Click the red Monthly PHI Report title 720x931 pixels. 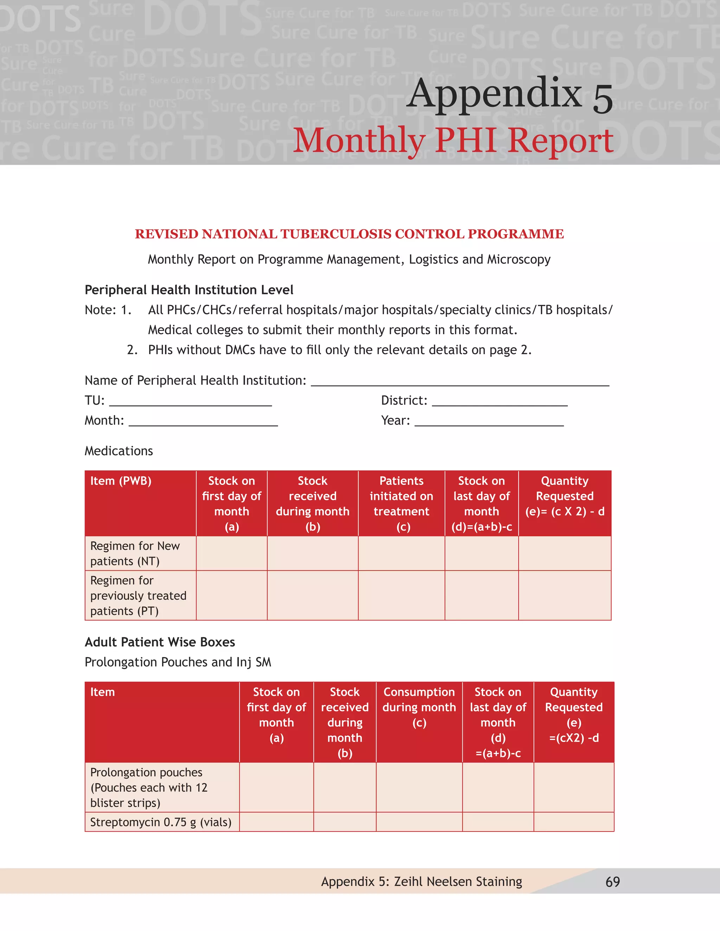point(453,141)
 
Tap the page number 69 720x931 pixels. point(612,881)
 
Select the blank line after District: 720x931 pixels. point(500,402)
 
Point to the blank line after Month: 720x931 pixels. point(203,422)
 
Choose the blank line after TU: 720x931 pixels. point(190,402)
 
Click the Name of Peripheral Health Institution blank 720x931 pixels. point(460,381)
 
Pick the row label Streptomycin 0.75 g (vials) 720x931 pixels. point(161,822)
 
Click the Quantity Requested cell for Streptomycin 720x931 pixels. point(574,822)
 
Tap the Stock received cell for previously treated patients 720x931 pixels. point(312,595)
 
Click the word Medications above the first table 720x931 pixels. point(118,451)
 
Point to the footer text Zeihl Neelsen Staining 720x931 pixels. point(458,881)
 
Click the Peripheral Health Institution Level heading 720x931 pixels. point(189,290)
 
